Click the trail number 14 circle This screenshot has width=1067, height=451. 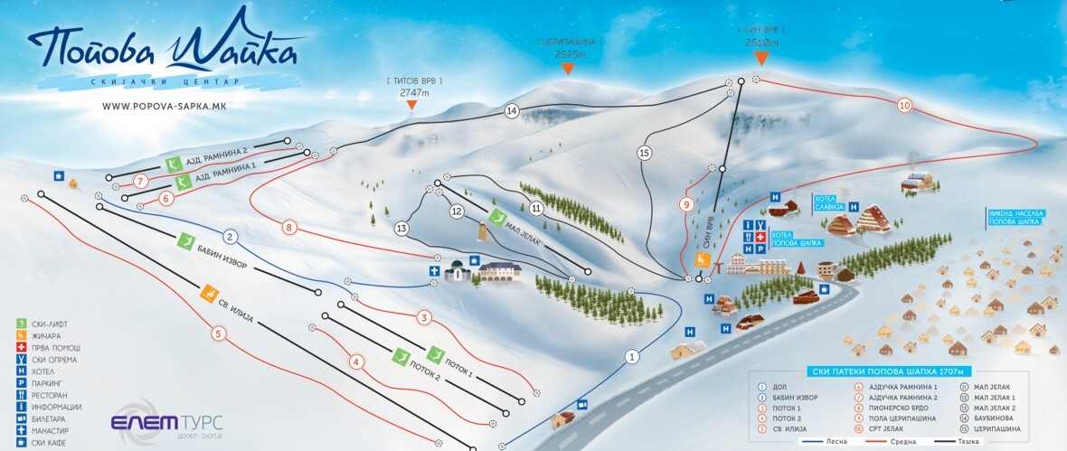pyautogui.click(x=512, y=111)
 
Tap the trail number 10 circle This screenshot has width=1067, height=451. pyautogui.click(x=904, y=105)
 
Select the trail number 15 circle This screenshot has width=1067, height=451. pyautogui.click(x=644, y=153)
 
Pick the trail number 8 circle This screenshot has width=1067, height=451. pyautogui.click(x=289, y=227)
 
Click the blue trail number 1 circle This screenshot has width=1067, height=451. pyautogui.click(x=631, y=357)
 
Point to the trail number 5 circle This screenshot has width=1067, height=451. pyautogui.click(x=218, y=333)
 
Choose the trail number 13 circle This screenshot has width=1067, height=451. pyautogui.click(x=401, y=228)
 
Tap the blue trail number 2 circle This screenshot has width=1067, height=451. pyautogui.click(x=231, y=237)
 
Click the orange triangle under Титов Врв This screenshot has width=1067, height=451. pyautogui.click(x=411, y=105)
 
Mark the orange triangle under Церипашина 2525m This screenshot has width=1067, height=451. pyautogui.click(x=568, y=70)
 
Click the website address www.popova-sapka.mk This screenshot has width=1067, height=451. pyautogui.click(x=163, y=107)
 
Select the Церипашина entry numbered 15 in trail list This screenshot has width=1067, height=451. pyautogui.click(x=995, y=428)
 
